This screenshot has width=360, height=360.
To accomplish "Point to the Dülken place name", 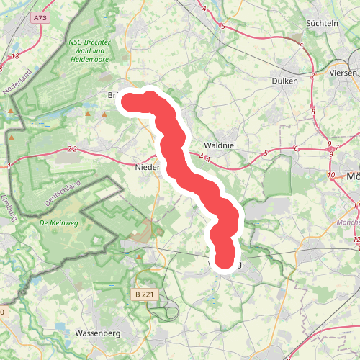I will click(285, 81).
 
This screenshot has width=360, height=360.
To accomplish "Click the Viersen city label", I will click(342, 73).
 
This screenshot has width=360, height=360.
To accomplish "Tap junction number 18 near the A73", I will click(14, 55).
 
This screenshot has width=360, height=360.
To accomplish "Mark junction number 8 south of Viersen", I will click(313, 112).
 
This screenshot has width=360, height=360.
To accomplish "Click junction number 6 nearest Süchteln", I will click(301, 46).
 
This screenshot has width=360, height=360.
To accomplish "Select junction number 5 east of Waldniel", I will click(266, 153).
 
